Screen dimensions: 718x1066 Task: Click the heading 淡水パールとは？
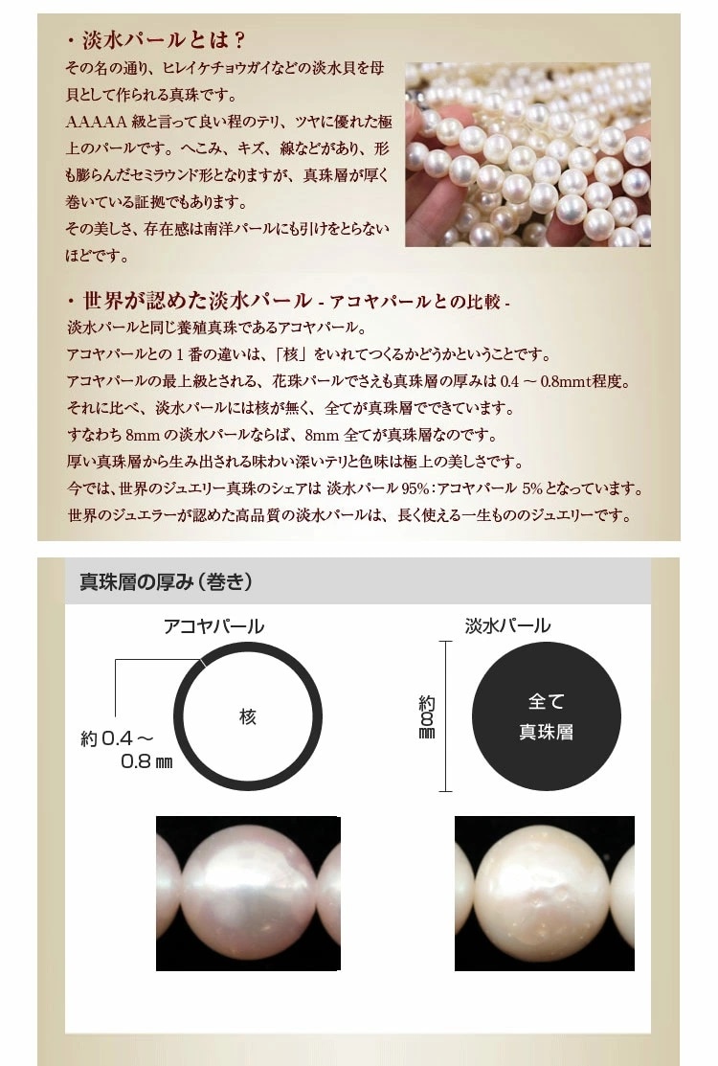coord(163,40)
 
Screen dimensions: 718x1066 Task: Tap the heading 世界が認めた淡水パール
coord(197,301)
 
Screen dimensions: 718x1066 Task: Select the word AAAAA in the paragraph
coord(96,122)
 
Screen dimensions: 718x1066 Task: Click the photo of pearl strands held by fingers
coord(527,155)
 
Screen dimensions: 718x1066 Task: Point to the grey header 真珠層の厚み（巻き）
coord(167,582)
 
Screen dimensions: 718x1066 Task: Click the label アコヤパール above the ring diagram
coord(213,626)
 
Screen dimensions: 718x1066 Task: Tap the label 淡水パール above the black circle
coord(507,625)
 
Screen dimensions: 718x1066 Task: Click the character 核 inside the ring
coord(248,715)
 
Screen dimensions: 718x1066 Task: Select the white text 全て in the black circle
coord(546,700)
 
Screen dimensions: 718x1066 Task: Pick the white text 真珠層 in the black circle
coord(546,732)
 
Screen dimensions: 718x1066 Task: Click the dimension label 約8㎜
coord(427,716)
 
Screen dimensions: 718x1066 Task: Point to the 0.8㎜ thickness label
coord(146,761)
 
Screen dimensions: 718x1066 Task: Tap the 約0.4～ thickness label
coord(118,738)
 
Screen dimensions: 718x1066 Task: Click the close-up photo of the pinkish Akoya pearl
coord(248,893)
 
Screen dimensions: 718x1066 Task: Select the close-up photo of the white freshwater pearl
coord(544,893)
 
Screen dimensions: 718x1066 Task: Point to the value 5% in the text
coord(533,488)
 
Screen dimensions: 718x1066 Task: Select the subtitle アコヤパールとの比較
coord(415,301)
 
